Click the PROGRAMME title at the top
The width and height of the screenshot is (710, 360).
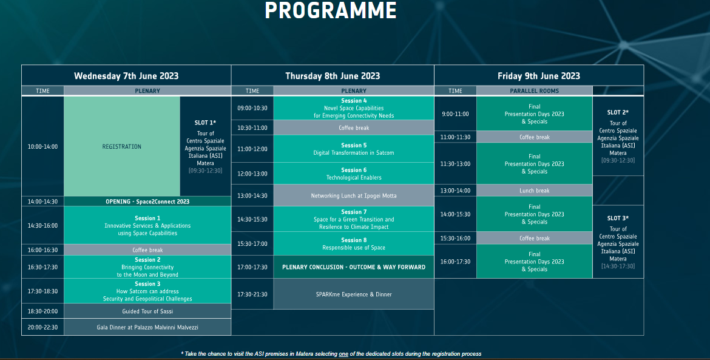331,10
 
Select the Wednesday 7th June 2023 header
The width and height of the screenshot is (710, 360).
126,76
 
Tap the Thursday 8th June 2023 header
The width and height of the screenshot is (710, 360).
333,76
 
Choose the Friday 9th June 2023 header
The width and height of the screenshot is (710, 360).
539,76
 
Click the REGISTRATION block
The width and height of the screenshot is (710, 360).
122,146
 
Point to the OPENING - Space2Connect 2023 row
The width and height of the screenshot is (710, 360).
147,202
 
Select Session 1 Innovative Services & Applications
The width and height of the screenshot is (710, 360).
147,225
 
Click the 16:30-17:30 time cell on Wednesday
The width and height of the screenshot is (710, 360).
42,267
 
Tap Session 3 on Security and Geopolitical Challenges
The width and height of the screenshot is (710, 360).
147,291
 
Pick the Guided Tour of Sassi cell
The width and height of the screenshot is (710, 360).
147,311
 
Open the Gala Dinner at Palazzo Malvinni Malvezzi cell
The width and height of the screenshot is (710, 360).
147,327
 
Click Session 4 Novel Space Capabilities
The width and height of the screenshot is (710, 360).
354,108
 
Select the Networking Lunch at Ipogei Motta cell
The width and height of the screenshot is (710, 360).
354,195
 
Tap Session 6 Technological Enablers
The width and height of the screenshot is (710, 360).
354,174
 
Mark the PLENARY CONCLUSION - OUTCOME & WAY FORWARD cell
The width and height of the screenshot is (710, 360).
354,267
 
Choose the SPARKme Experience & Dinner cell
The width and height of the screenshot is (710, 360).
354,294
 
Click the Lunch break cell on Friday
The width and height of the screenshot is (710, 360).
534,191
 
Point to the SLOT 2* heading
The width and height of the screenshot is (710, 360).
618,112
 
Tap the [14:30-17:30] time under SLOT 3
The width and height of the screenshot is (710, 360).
618,267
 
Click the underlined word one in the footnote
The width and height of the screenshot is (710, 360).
343,354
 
